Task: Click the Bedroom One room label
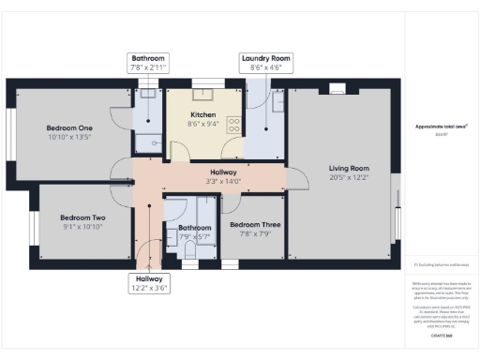(x=70, y=127)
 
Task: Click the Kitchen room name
(x=203, y=113)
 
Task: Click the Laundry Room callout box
(x=266, y=63)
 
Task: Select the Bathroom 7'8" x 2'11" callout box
(x=148, y=63)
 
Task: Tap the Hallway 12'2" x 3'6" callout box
(x=149, y=283)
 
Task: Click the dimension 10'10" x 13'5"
(x=70, y=137)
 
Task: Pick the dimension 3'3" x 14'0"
(x=224, y=181)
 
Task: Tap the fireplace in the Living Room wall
(x=337, y=90)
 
